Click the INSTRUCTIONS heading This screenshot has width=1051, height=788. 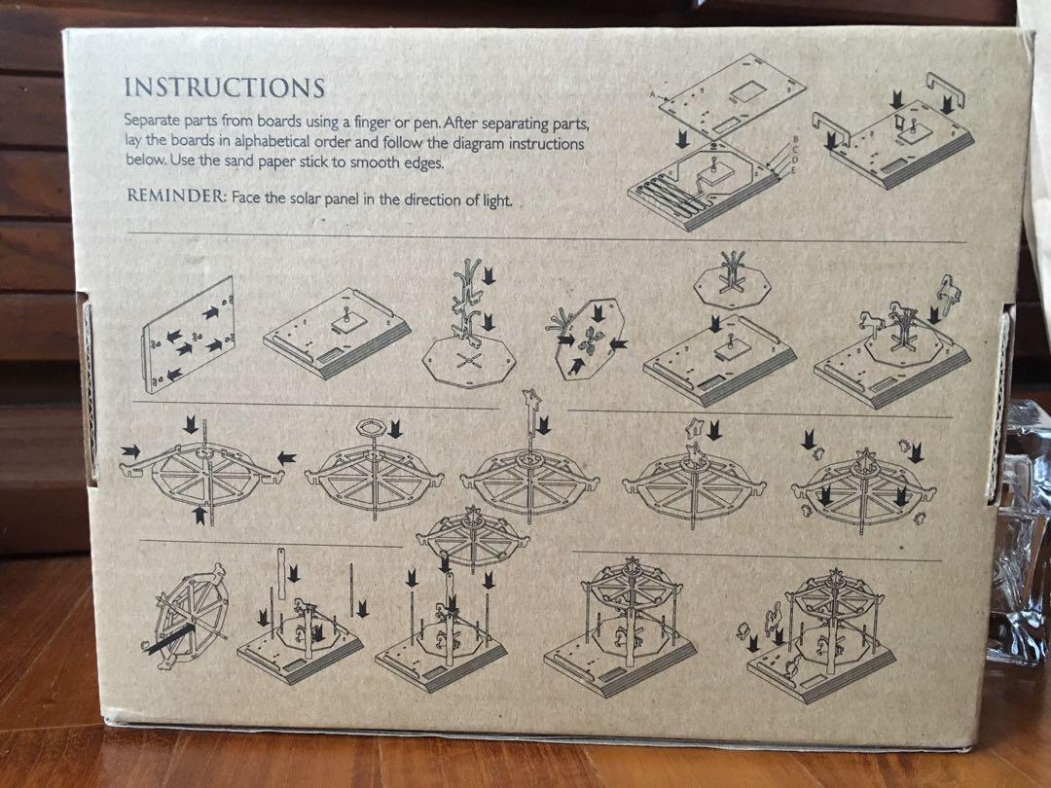225,88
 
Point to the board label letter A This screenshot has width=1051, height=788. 653,95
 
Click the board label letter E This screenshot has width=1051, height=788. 794,171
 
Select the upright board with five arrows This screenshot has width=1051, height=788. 189,335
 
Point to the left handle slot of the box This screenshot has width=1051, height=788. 88,388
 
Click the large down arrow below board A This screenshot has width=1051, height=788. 682,139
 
